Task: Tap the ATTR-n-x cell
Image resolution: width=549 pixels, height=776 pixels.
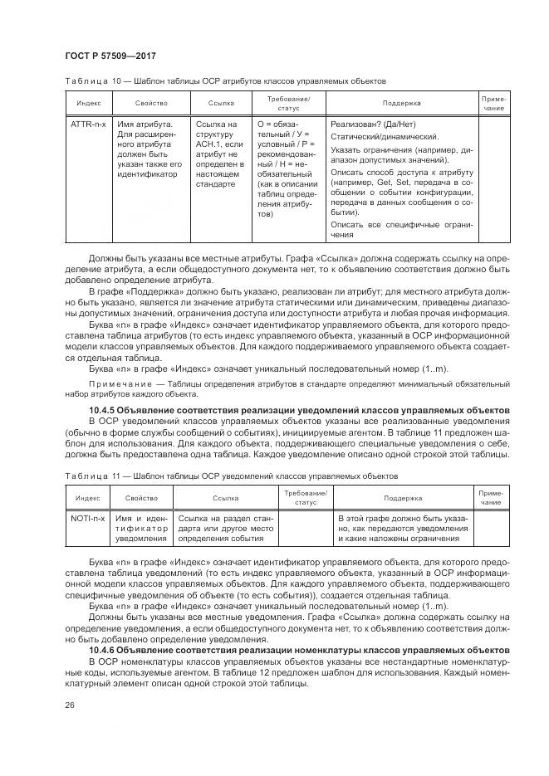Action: (87, 124)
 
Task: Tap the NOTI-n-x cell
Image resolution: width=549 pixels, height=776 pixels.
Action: (87, 517)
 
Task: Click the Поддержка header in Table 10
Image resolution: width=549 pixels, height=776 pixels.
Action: (401, 104)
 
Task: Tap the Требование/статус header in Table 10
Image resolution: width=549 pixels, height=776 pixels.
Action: (287, 104)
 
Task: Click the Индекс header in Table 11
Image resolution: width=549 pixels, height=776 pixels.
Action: (87, 499)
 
